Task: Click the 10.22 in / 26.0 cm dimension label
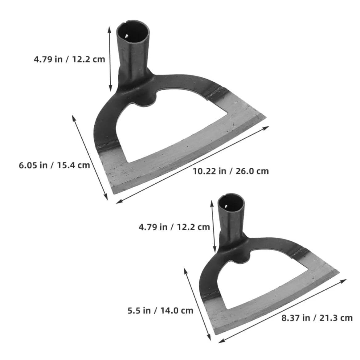coord(231,171)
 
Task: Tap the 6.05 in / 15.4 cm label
coord(55,165)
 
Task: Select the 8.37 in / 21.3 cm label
coord(317,318)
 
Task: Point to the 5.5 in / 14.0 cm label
coord(161,311)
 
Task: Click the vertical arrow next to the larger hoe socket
coord(110,59)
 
